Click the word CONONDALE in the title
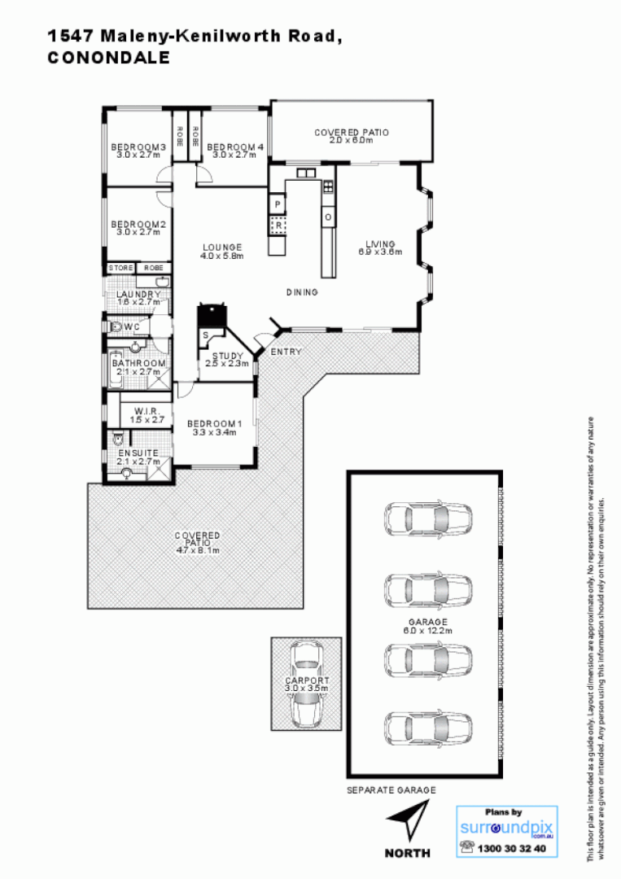(108, 58)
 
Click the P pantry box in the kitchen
(277, 203)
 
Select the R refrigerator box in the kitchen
(278, 225)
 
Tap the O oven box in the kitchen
(327, 217)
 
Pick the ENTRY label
(286, 352)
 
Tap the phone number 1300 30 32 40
(513, 849)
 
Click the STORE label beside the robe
(120, 267)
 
